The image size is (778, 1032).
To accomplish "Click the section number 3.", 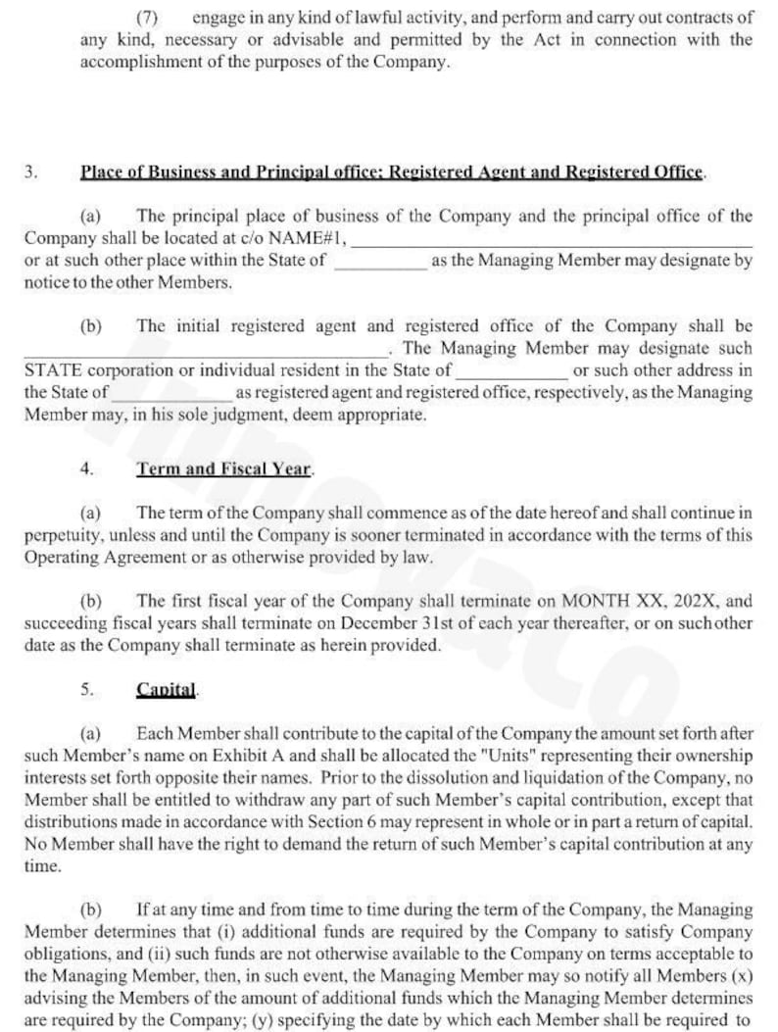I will pyautogui.click(x=30, y=172).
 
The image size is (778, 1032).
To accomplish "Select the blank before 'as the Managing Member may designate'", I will pyautogui.click(x=379, y=263).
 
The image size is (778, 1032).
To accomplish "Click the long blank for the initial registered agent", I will pyautogui.click(x=206, y=351).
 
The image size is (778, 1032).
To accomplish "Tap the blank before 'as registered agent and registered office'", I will pyautogui.click(x=171, y=395).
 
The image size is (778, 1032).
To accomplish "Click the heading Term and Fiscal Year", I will pyautogui.click(x=224, y=468).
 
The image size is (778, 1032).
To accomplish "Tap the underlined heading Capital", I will pyautogui.click(x=167, y=689).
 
